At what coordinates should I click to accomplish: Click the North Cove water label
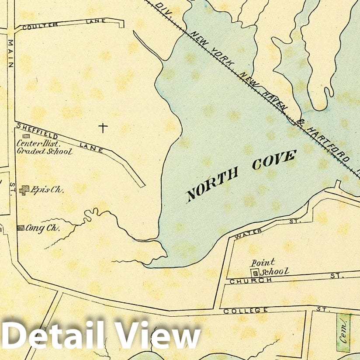[x=241, y=175]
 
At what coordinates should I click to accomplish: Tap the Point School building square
[x=256, y=272]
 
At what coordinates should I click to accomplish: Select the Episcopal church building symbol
[x=25, y=190]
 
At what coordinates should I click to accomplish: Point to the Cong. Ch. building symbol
[x=20, y=228]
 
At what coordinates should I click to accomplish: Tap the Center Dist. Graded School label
[x=44, y=147]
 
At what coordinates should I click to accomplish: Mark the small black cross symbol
[x=103, y=128]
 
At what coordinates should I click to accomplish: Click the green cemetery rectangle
[x=343, y=332]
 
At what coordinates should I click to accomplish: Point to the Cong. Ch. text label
[x=42, y=228]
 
